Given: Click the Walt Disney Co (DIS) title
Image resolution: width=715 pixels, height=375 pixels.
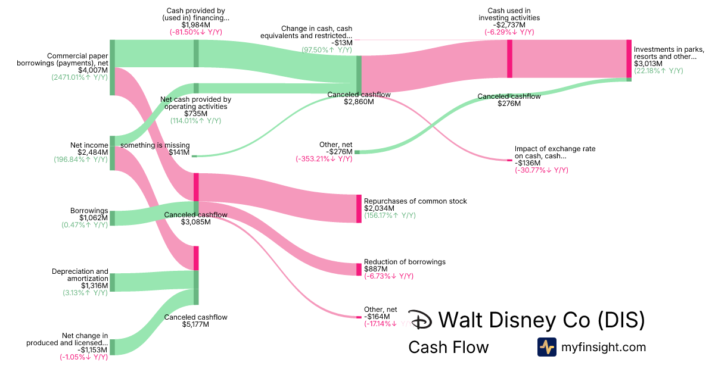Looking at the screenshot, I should pyautogui.click(x=541, y=320).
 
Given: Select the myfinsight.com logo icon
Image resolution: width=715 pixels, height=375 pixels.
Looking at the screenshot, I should pyautogui.click(x=546, y=347).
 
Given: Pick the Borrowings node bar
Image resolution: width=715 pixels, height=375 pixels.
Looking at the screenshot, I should pyautogui.click(x=112, y=218).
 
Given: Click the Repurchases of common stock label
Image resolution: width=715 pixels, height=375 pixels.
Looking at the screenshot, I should pyautogui.click(x=415, y=201).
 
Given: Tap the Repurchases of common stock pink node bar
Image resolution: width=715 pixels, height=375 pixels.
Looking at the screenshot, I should pyautogui.click(x=359, y=208).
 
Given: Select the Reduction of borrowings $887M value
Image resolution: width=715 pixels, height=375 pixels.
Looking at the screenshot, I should pyautogui.click(x=375, y=269).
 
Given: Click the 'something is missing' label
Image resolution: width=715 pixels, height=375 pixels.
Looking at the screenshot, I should pyautogui.click(x=155, y=145).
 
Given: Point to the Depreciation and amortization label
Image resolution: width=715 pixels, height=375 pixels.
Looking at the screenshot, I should pyautogui.click(x=80, y=275).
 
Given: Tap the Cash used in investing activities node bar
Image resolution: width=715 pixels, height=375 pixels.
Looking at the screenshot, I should pyautogui.click(x=509, y=58).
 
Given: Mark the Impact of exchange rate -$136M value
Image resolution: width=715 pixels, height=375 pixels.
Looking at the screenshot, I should pyautogui.click(x=527, y=163).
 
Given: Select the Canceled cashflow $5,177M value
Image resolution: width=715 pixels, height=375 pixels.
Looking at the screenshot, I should pyautogui.click(x=195, y=325).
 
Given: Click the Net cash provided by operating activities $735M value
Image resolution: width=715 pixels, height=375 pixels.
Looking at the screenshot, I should pyautogui.click(x=195, y=114).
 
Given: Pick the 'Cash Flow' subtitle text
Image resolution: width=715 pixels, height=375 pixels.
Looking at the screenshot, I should pyautogui.click(x=448, y=347).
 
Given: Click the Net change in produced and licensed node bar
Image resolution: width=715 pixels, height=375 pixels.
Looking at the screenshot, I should pyautogui.click(x=112, y=347).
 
